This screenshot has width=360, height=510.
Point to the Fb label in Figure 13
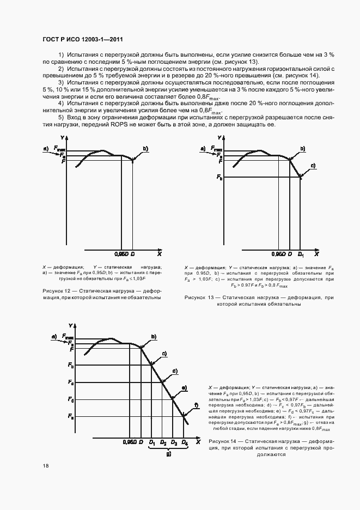click(219, 177)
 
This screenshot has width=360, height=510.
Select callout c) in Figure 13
click(313, 165)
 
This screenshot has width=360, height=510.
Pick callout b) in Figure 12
click(145, 148)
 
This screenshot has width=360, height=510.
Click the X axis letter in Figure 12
click(159, 254)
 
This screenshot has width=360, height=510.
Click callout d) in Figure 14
click(175, 372)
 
